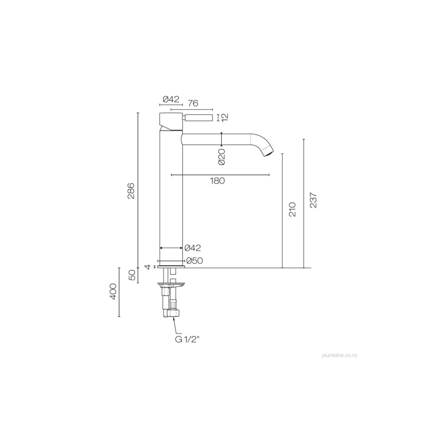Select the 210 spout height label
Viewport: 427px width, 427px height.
[x=292, y=209]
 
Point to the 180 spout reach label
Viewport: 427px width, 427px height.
[x=217, y=181]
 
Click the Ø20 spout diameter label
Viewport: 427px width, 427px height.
[x=222, y=157]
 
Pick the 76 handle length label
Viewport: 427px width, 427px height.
[x=193, y=103]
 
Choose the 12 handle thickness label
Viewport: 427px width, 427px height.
[x=224, y=117]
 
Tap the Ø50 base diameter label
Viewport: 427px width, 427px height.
[x=194, y=261]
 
